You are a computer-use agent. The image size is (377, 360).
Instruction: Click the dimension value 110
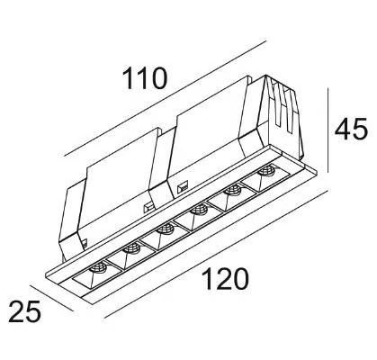(144, 78)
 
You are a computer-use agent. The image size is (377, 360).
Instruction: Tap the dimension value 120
(226, 279)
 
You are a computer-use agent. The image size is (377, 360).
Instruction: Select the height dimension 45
(351, 129)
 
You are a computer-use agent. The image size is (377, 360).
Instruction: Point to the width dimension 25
(24, 311)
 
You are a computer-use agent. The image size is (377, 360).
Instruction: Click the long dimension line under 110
(166, 98)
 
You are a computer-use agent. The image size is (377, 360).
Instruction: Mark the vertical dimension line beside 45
(328, 130)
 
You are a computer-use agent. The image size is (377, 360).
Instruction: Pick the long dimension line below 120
(215, 254)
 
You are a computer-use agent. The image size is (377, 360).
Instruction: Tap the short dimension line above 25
(52, 298)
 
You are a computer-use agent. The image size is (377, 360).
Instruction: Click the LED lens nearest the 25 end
(98, 266)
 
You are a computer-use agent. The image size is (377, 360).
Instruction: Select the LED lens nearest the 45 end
(266, 171)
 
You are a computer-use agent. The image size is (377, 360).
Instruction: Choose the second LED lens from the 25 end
(132, 247)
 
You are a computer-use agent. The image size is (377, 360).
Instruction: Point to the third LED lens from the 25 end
(165, 229)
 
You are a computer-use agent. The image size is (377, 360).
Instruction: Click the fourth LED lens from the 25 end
(199, 210)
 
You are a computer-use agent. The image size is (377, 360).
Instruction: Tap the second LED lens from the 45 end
(234, 190)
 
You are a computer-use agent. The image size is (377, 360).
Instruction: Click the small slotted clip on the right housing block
(183, 188)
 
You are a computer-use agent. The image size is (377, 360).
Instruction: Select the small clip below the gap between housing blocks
(148, 207)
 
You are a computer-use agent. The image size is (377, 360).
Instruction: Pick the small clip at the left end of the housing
(84, 244)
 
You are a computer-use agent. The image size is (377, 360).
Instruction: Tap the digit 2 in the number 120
(226, 279)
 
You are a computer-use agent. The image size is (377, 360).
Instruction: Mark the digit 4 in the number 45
(343, 129)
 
